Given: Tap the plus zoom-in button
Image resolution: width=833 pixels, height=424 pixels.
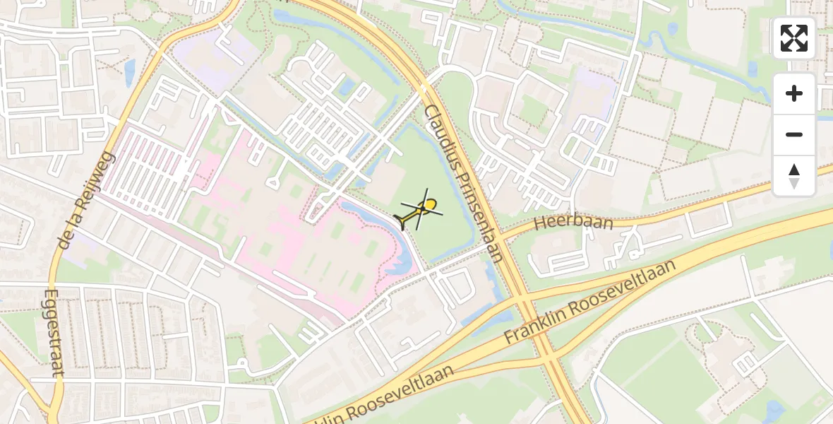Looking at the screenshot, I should [794, 93].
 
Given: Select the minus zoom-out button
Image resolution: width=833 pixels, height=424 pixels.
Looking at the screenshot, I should [794, 134].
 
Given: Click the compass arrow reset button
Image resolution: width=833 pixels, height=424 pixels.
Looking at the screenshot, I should [794, 176].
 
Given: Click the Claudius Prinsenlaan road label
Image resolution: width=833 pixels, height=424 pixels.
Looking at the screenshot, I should [464, 184].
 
